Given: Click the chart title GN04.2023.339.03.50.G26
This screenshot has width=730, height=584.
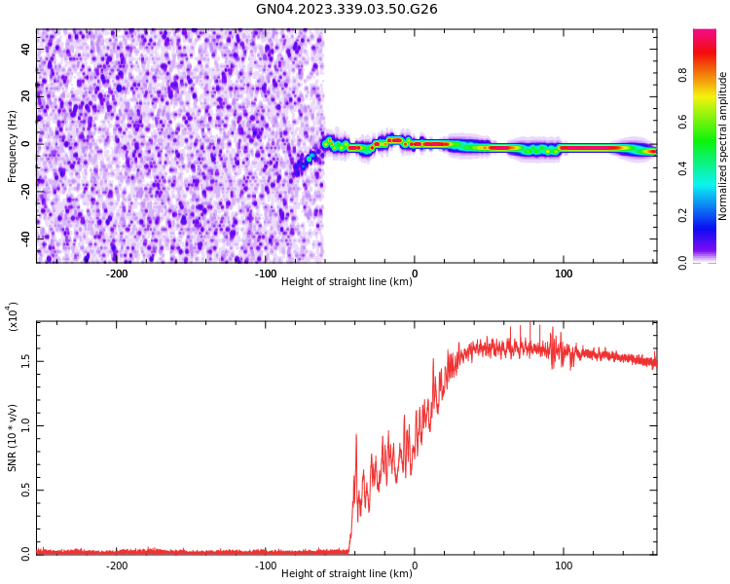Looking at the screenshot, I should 347,10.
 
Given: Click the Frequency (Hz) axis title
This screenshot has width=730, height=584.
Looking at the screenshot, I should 13,146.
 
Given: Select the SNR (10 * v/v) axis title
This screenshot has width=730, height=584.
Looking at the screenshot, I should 13,438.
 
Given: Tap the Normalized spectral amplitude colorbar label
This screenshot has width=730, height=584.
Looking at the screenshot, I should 723,146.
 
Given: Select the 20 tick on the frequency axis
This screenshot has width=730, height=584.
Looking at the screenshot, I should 26,95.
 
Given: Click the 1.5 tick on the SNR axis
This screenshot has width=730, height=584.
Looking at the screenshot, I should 26,360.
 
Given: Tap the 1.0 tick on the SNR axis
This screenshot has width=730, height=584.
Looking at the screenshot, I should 26,425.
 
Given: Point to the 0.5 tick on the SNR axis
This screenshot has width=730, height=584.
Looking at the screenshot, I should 26,490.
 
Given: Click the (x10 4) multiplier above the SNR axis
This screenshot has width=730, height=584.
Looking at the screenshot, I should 13,316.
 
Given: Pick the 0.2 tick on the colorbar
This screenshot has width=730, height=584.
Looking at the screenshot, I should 711,216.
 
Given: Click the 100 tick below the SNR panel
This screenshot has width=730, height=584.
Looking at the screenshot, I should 563,566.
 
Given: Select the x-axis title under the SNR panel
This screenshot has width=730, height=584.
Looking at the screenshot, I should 347,574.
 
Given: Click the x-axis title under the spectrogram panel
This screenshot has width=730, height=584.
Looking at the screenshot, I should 347,282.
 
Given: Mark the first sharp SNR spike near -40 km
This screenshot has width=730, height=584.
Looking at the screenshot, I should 356,436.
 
